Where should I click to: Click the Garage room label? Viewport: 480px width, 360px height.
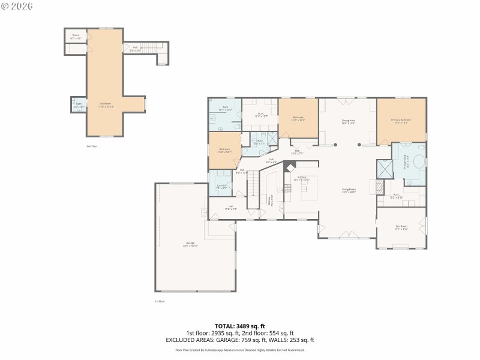[190, 244]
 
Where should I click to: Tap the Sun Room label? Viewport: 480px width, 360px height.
[401, 227]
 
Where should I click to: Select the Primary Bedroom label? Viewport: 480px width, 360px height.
[401, 121]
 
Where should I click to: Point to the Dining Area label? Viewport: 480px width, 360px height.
[349, 121]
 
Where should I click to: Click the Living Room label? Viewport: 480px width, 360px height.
[349, 190]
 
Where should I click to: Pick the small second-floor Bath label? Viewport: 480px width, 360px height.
[79, 105]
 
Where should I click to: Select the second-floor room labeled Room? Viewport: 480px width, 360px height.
[76, 37]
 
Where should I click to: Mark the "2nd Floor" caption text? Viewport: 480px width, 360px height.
[91, 146]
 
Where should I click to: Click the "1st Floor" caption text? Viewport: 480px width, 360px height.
[160, 301]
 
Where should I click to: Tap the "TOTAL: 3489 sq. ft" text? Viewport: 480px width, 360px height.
[239, 326]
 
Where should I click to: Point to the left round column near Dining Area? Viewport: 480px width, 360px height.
[336, 145]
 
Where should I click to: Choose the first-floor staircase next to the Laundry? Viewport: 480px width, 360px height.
[253, 183]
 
